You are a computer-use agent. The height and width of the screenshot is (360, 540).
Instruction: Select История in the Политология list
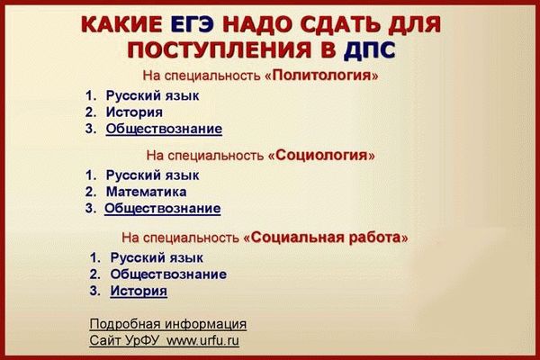pos(134,112)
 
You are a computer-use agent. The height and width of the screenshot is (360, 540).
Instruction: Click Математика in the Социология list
pos(146,191)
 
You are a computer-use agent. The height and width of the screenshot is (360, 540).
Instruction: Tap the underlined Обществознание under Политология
pos(164,129)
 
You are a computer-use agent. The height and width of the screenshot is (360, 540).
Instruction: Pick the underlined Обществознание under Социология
pos(162,209)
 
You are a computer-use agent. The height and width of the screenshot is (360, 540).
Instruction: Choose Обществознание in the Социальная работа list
pos(168,274)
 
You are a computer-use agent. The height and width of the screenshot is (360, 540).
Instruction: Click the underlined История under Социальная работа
pos(139,291)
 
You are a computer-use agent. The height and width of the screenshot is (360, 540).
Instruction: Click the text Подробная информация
pos(168,324)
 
